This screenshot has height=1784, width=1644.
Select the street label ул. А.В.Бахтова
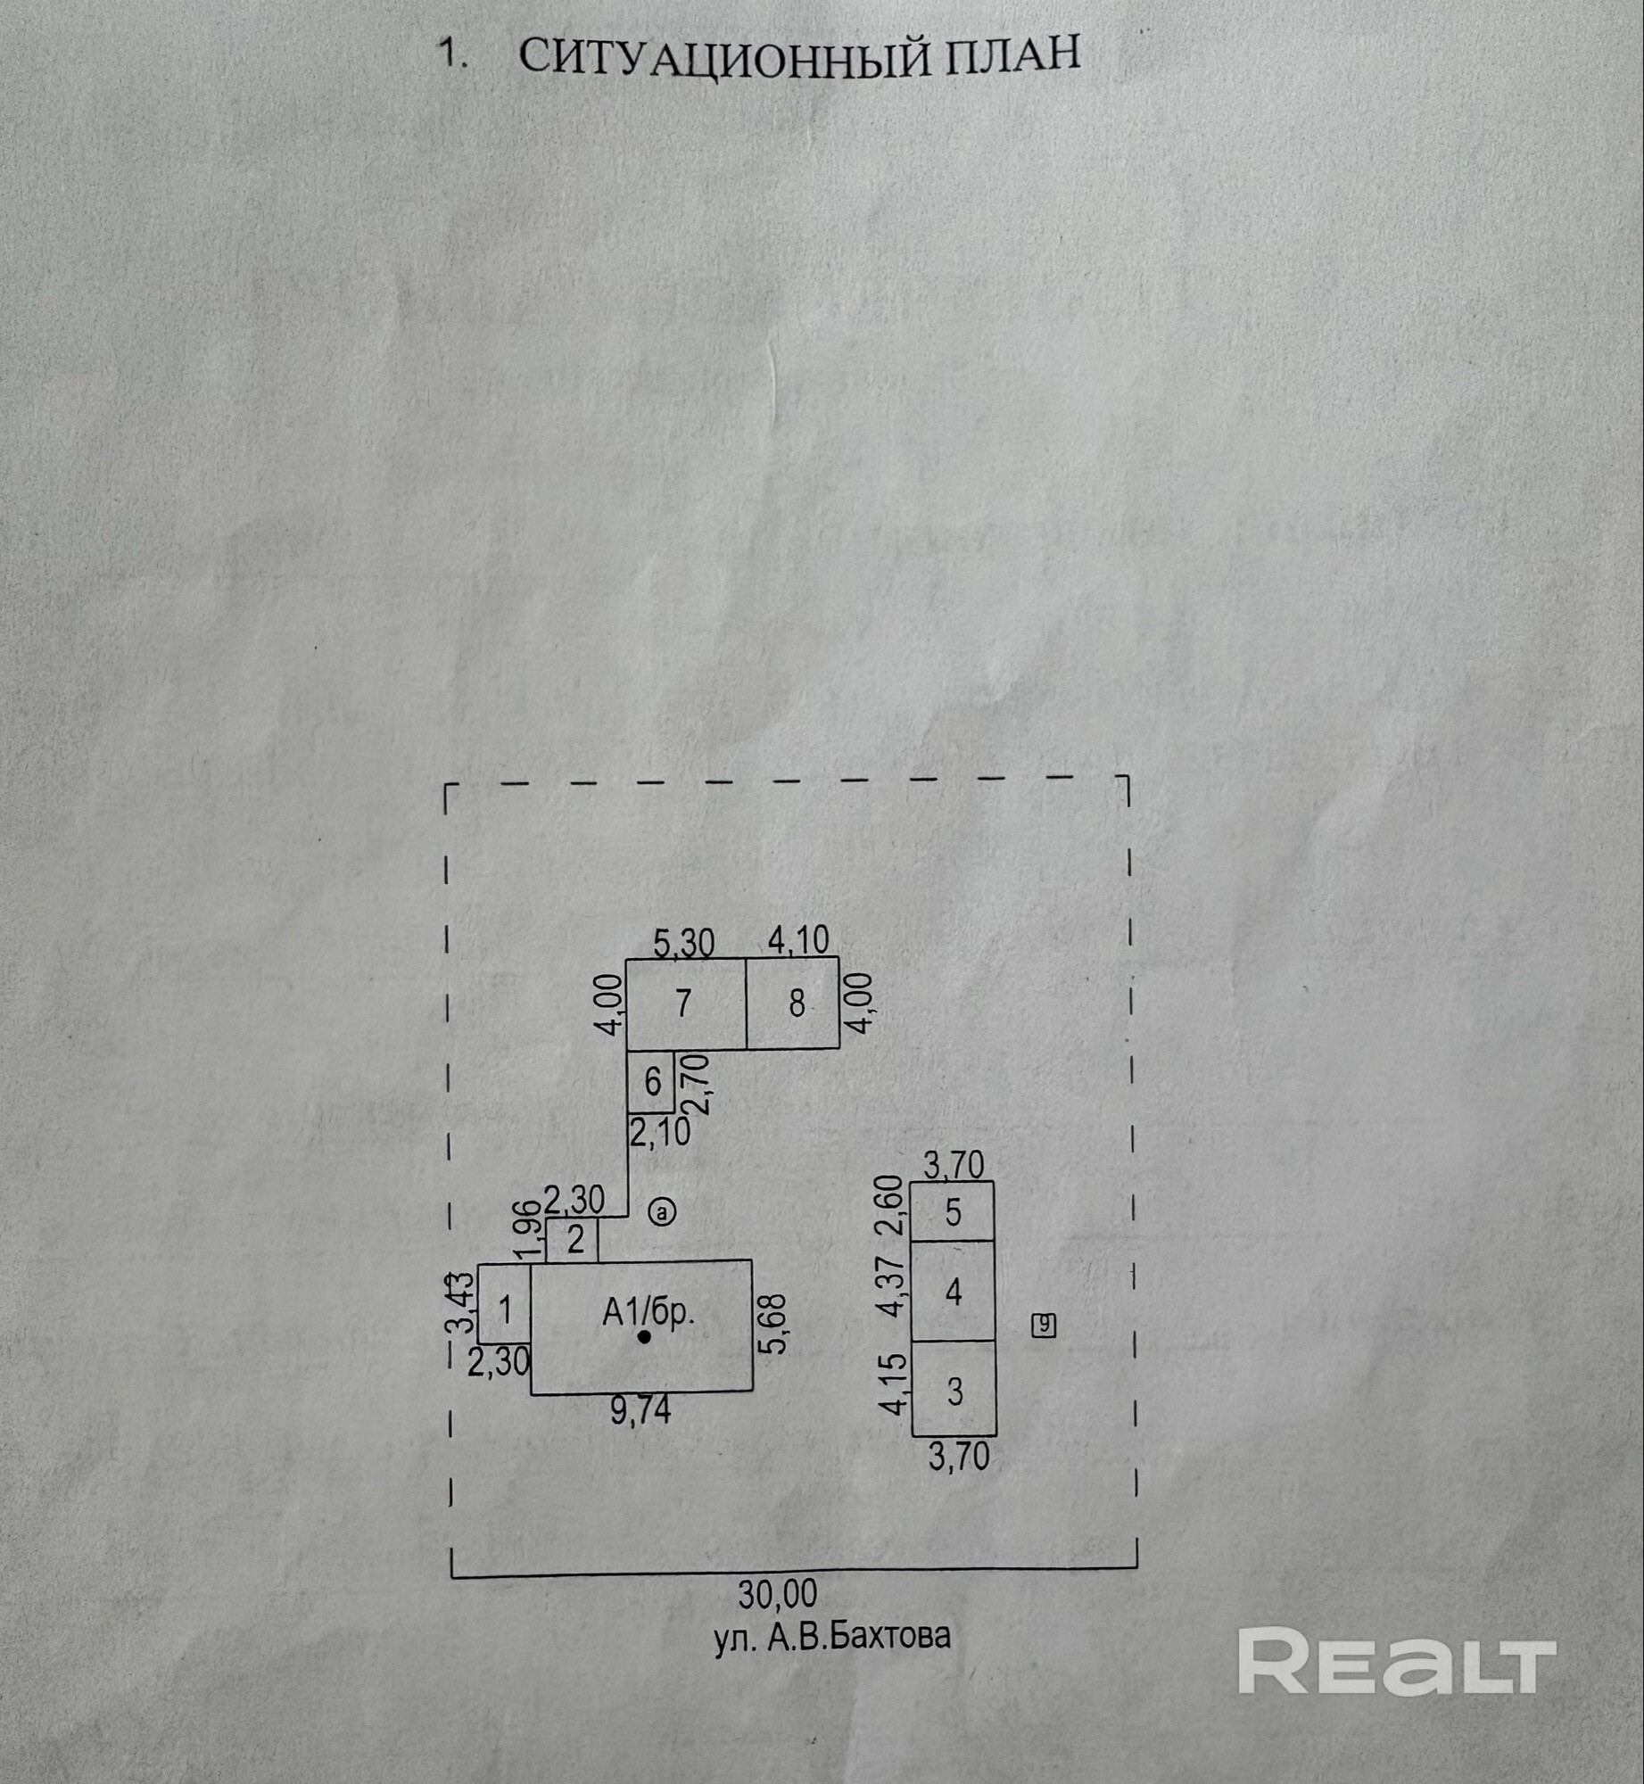(x=832, y=1637)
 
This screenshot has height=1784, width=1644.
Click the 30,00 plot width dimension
(x=778, y=1593)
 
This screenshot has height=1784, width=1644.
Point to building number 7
(x=683, y=1004)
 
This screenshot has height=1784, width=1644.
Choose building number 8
(x=796, y=1004)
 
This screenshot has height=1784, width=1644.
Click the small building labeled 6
(x=652, y=1082)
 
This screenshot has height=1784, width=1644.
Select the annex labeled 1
(x=505, y=1312)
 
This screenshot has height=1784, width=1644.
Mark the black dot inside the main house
(x=644, y=1337)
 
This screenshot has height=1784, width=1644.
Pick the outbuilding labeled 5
(x=953, y=1212)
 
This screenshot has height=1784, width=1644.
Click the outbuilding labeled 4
(x=953, y=1292)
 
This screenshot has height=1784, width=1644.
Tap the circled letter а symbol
(x=663, y=1212)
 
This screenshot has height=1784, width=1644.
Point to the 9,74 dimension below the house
(x=640, y=1412)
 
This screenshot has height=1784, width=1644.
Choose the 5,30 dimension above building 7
(x=683, y=943)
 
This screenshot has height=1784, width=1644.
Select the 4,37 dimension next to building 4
(x=893, y=1291)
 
